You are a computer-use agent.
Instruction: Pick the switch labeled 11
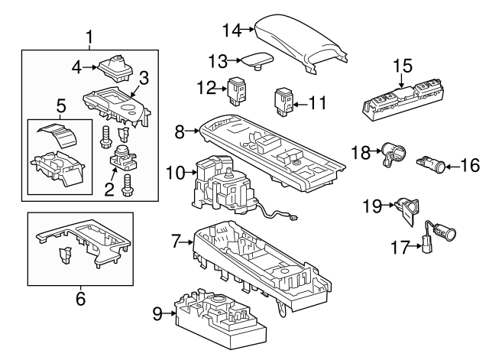coord(284,101)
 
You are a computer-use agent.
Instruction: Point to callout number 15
coord(403,66)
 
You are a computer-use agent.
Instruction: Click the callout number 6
coord(81,299)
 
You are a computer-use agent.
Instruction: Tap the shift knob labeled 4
coord(115,67)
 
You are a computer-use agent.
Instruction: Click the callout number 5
coord(61,105)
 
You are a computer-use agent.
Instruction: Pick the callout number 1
coord(89,36)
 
